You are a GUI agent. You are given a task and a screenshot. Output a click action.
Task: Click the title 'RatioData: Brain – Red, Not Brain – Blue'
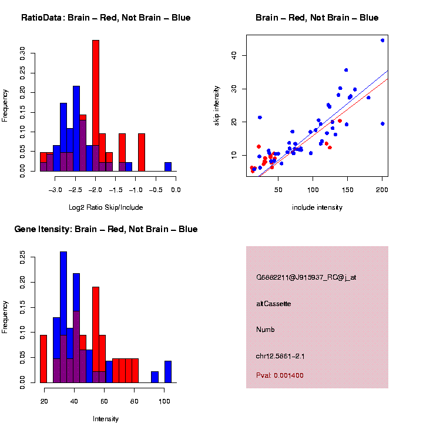[106, 18]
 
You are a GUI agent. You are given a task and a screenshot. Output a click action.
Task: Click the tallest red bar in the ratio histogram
[96, 106]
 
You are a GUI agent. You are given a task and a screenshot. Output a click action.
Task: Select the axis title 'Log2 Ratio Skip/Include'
[106, 207]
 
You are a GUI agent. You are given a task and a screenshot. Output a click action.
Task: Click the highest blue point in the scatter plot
[382, 41]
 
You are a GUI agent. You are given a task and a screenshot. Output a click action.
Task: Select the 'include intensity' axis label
[317, 207]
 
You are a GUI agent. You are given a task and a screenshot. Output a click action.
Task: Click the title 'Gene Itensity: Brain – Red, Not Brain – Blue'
[106, 229]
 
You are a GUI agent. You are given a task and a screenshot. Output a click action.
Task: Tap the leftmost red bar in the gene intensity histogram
[43, 358]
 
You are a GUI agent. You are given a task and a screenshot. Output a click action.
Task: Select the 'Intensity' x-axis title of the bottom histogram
[106, 419]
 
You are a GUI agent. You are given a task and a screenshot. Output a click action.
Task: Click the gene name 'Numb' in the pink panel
[266, 330]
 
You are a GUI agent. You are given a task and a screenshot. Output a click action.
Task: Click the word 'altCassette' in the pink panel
[274, 304]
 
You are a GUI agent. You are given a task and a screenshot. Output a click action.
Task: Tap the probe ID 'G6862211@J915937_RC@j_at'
[305, 277]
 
